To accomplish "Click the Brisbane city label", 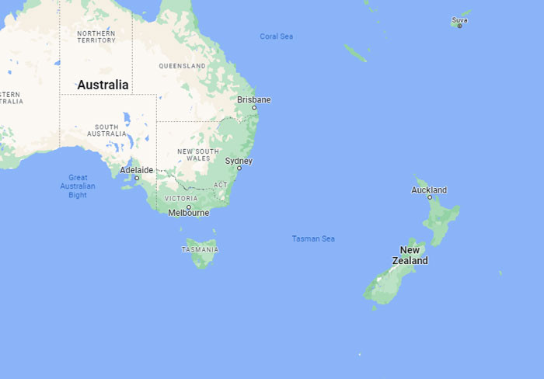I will tap(254, 99).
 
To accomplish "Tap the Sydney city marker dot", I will tap(239, 169).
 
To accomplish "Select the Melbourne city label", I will tap(188, 213).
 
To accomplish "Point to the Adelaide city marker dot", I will tap(137, 178).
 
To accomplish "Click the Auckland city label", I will tap(429, 189).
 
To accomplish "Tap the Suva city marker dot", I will tap(459, 26).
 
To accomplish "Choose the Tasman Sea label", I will tap(313, 238).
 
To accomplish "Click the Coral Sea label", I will tap(277, 37).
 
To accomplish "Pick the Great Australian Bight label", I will tap(78, 186).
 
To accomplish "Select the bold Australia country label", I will tap(103, 84).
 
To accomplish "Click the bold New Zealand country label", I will tap(410, 256).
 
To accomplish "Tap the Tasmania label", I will tap(200, 249).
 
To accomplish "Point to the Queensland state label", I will tap(183, 66).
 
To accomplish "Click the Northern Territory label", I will tap(97, 36).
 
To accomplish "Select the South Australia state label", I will tap(106, 130).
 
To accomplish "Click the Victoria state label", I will tap(181, 198).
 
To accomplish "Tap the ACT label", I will tap(221, 185).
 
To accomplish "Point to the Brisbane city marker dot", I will tap(253, 108).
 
